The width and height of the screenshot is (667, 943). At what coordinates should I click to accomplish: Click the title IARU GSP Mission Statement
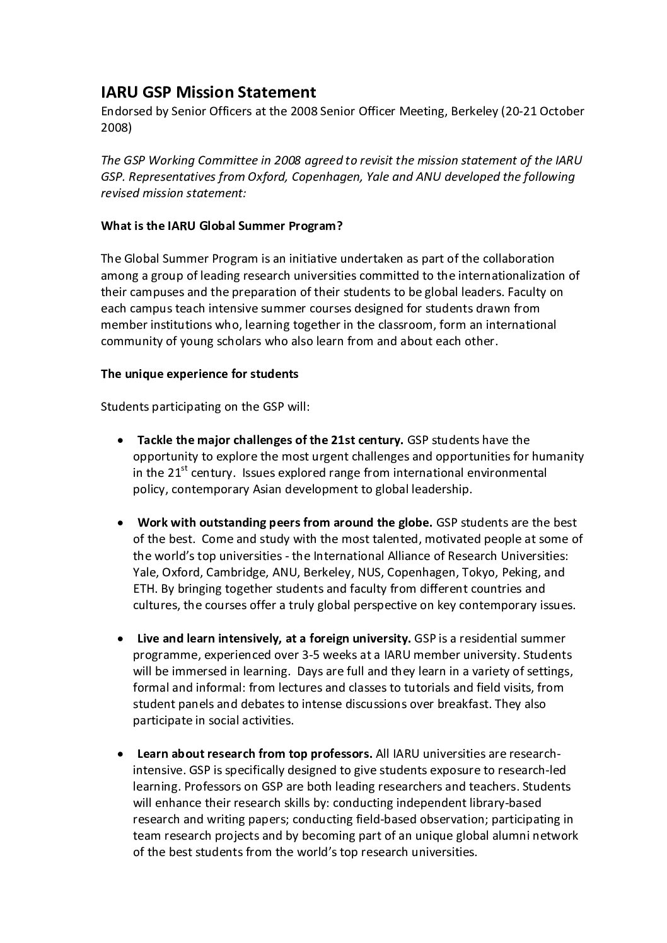point(208,93)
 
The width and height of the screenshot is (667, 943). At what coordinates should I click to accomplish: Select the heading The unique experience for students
point(199,374)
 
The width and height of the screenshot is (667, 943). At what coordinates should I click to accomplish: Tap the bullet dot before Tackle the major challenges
point(120,440)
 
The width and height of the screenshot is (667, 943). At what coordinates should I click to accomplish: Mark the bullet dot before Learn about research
point(120,754)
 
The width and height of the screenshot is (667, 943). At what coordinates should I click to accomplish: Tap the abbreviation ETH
point(142,589)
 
